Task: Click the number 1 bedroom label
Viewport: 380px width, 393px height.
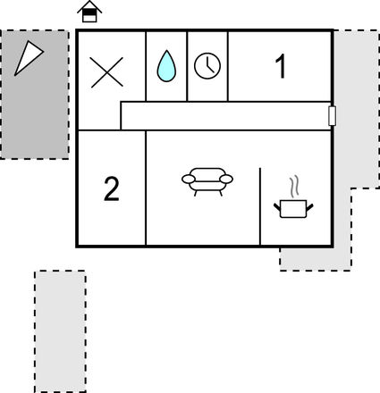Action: tap(281, 66)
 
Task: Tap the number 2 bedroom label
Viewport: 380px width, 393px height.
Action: tap(112, 188)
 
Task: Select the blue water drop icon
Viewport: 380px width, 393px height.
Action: tap(166, 66)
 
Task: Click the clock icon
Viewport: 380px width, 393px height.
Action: tap(207, 66)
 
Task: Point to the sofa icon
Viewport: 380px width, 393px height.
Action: tap(207, 181)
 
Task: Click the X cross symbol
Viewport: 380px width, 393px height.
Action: tap(107, 72)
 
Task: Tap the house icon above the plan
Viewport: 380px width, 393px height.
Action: tap(89, 12)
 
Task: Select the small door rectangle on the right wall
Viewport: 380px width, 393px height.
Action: tap(332, 115)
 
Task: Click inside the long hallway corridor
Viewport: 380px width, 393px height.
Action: tap(225, 116)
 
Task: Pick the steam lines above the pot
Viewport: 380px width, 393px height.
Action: tap(294, 187)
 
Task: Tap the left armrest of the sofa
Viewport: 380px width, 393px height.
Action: tap(189, 179)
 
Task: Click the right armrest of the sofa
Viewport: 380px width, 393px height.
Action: tap(226, 179)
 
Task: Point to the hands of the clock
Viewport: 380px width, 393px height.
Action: tap(209, 65)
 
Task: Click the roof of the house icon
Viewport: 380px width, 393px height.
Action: tap(89, 6)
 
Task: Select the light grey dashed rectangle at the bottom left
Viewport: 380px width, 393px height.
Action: tap(60, 331)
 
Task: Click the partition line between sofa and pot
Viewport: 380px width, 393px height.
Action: tap(260, 206)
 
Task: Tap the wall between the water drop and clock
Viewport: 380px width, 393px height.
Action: tap(187, 66)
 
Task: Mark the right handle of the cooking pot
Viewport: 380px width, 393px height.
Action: tap(309, 207)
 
